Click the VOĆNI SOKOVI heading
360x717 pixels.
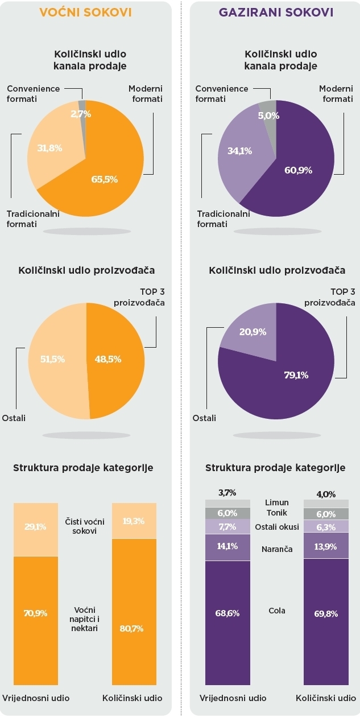tap(86, 12)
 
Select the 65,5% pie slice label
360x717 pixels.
tap(104, 179)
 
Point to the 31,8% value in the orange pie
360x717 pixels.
tap(45, 149)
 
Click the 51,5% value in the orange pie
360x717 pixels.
tap(52, 359)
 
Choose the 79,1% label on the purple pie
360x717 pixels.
tap(296, 375)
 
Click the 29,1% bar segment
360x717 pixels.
tap(35, 527)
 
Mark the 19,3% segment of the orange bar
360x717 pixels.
tap(134, 520)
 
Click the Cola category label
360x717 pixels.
tap(277, 611)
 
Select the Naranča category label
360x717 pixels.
tap(277, 549)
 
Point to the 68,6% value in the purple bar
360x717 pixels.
tap(227, 613)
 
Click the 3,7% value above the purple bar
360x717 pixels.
tap(227, 493)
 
